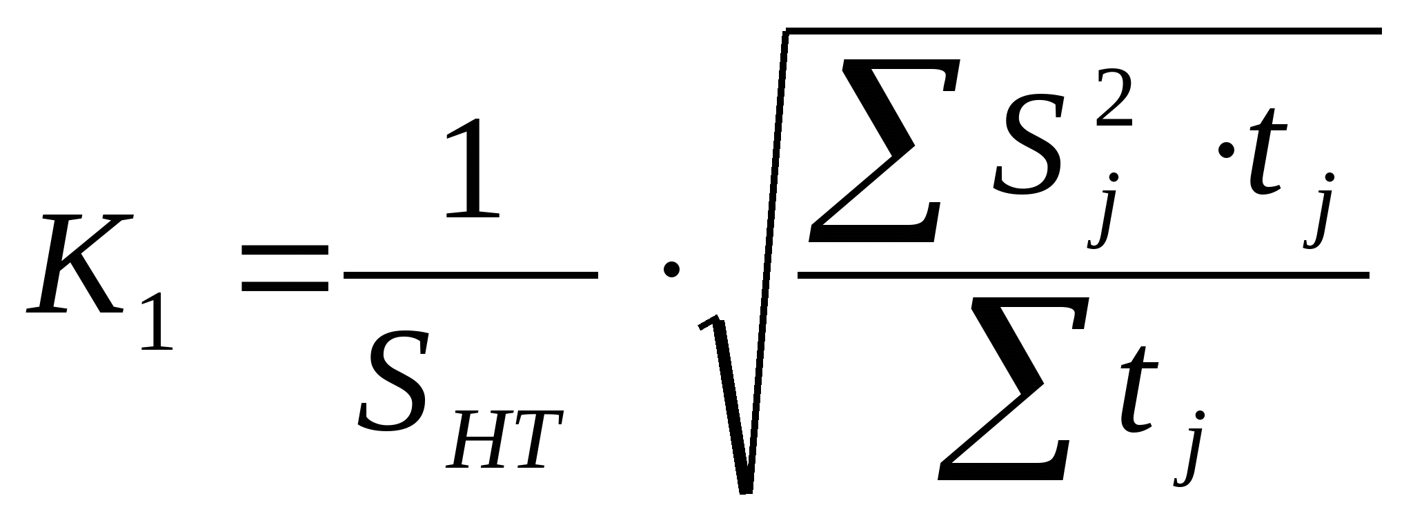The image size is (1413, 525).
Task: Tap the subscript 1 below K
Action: (x=157, y=321)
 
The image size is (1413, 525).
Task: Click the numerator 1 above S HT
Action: (x=473, y=169)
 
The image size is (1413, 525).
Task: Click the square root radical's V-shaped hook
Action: (x=731, y=407)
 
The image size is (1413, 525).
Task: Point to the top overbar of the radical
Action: (x=1083, y=31)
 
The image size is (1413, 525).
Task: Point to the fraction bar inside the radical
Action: (x=1083, y=275)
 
